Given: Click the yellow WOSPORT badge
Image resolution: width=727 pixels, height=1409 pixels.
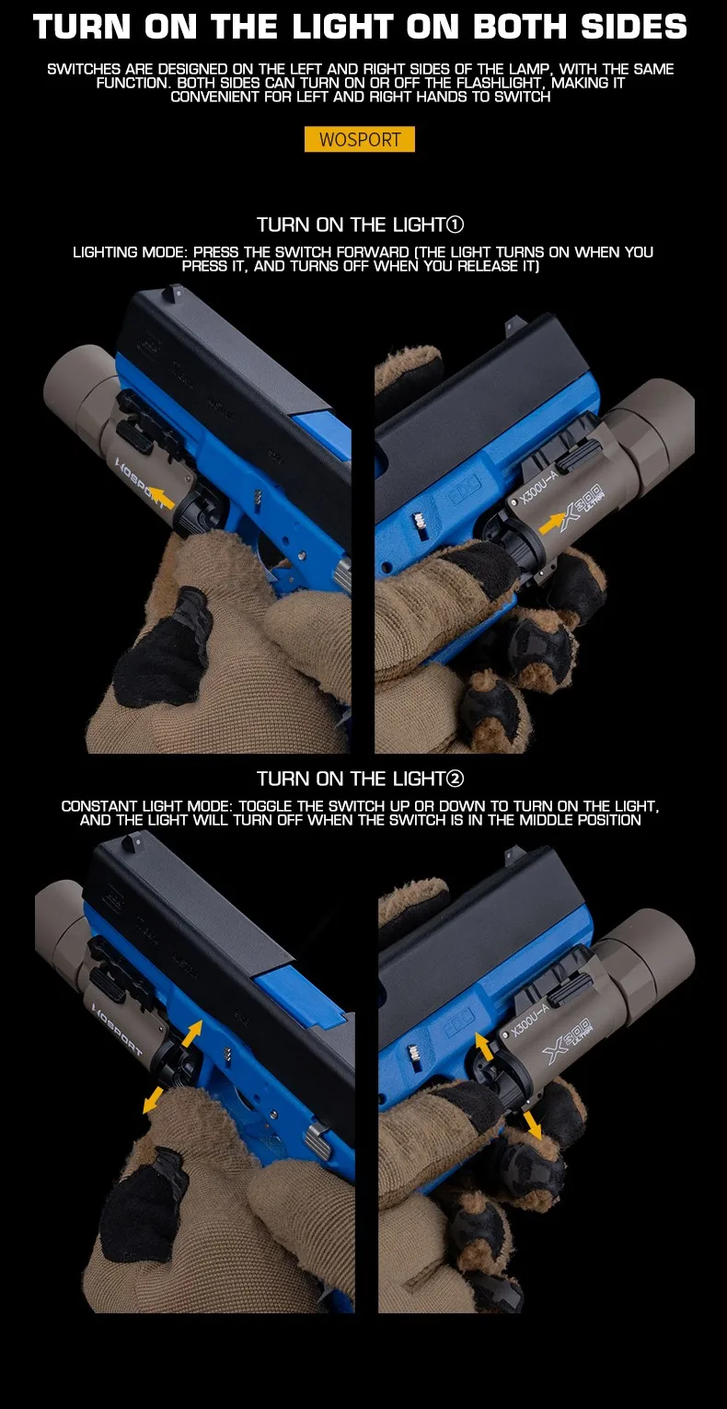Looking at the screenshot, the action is click(360, 139).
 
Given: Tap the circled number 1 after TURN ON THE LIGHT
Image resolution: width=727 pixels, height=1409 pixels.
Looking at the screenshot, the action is click(455, 225).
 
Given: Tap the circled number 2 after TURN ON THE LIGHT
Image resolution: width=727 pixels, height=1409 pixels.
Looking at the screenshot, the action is click(455, 779).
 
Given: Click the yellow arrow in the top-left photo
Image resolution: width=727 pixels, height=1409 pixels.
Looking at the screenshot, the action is click(162, 497).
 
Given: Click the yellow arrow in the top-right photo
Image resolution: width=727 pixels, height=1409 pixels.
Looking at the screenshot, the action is click(552, 522).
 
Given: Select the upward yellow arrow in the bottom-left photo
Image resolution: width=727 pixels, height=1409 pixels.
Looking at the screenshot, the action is click(191, 1034).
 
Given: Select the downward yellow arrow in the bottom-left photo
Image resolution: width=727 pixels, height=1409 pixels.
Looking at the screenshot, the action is click(153, 1101).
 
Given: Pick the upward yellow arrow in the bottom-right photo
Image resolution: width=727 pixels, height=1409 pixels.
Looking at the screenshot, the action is click(483, 1046).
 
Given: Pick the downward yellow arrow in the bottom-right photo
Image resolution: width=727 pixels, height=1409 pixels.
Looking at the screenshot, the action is click(532, 1124).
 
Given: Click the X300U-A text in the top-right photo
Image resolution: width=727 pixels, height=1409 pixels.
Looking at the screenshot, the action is click(538, 488).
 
